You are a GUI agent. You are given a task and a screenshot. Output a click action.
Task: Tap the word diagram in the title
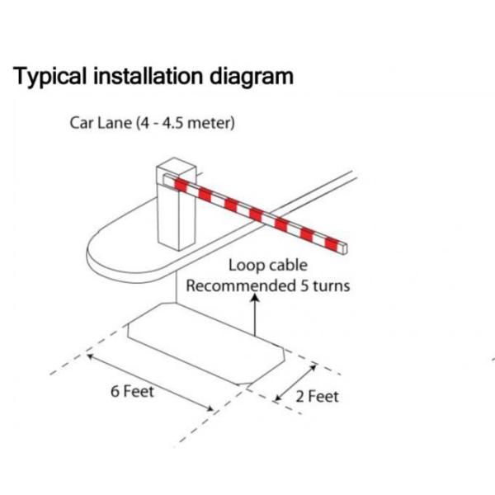pyautogui.click(x=248, y=78)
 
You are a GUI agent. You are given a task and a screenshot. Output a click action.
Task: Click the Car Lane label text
pyautogui.click(x=98, y=124)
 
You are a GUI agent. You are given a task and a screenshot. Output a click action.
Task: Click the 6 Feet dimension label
pyautogui.click(x=132, y=391)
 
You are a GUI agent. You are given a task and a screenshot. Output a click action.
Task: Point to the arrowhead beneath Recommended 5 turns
pyautogui.click(x=255, y=301)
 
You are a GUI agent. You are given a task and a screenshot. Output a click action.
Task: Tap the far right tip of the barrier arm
pyautogui.click(x=347, y=245)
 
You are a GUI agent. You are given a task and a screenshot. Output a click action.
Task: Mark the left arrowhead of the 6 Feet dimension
pyautogui.click(x=91, y=356)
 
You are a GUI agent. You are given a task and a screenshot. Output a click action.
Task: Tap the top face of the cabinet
pyautogui.click(x=172, y=165)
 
